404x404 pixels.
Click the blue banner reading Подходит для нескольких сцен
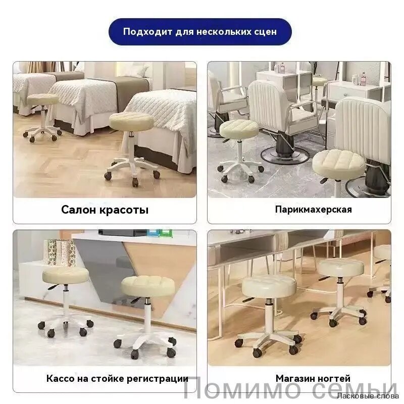[x=200, y=32]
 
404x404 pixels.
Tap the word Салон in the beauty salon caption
[x=79, y=210]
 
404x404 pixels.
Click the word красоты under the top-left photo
[x=124, y=210]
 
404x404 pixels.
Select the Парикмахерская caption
[x=313, y=210]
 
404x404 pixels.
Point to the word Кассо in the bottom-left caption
[x=60, y=378]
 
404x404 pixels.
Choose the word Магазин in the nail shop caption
[x=293, y=378]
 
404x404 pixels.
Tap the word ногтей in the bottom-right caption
[x=332, y=378]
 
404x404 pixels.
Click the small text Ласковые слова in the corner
[x=368, y=396]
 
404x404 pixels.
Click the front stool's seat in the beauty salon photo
[x=131, y=121]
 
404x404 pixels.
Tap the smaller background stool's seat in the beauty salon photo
[x=43, y=99]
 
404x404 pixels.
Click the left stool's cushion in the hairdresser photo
[x=239, y=129]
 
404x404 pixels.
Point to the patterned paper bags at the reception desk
[x=60, y=252]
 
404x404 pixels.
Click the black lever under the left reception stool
[x=55, y=286]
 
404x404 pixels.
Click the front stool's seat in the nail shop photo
[x=269, y=286]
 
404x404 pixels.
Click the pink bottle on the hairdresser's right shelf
[x=363, y=78]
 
